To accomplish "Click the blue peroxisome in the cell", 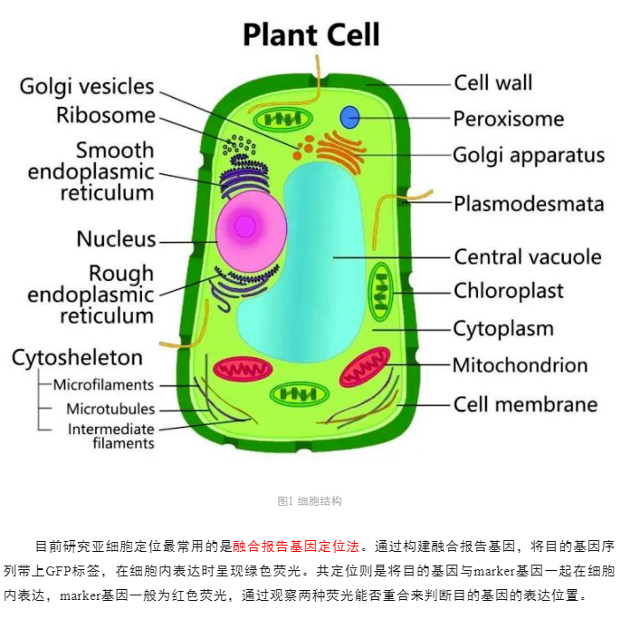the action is (349, 117).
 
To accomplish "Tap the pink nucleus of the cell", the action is (251, 231).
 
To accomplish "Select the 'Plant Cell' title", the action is (311, 34).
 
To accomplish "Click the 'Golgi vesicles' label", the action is (87, 87).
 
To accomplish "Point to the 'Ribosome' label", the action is (106, 115).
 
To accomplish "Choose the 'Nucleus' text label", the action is (116, 239).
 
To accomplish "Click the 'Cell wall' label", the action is (493, 82).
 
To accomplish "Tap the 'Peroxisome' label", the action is (509, 119).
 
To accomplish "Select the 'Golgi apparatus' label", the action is (529, 156).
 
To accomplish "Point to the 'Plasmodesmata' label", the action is (529, 204).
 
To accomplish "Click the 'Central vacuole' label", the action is (528, 256).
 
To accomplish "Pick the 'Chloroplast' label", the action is (509, 291).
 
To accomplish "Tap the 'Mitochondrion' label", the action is (520, 365).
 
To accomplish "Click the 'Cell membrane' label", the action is (526, 404).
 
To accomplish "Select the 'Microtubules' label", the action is (110, 409).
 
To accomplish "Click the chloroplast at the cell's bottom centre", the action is (300, 394).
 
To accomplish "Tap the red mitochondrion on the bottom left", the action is (243, 369).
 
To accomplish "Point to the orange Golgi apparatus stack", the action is (341, 152).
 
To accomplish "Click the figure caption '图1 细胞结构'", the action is (310, 501).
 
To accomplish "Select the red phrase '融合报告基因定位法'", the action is (296, 546).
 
